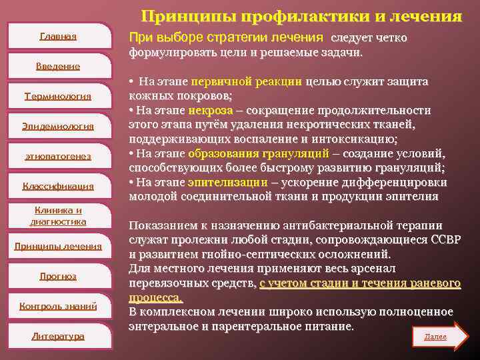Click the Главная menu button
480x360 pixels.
coord(58,36)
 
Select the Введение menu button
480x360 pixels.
coord(58,66)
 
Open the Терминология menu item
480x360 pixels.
coord(58,96)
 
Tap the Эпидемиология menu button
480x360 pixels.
coord(58,126)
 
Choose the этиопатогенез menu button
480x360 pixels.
coord(58,156)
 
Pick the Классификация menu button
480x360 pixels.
coord(58,186)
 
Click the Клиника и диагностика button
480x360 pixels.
coord(58,216)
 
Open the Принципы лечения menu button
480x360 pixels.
coord(58,246)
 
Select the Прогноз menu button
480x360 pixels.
coord(58,276)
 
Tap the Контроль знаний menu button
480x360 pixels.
coord(58,306)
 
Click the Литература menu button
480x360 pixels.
coord(58,336)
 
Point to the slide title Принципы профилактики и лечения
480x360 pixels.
coord(301,15)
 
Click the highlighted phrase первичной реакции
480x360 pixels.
coord(247,82)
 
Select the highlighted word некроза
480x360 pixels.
coord(211,110)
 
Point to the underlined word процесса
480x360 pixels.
coord(155,297)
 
